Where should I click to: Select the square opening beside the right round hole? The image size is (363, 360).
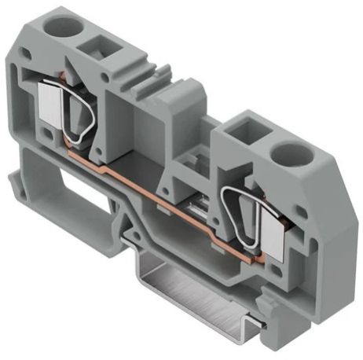click(x=249, y=128)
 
